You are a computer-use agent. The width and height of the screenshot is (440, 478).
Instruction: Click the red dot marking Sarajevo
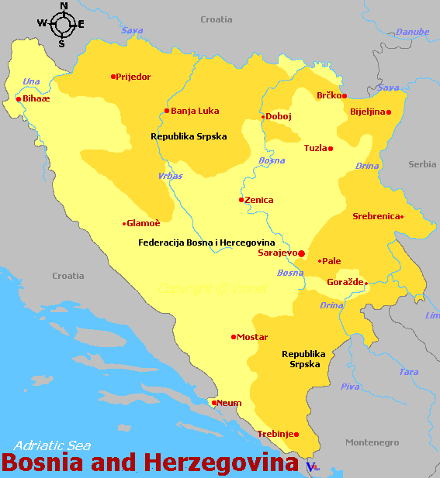tap(302, 253)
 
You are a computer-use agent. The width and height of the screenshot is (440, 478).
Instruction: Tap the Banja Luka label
tap(195, 111)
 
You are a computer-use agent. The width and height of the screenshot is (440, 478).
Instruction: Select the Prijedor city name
tap(133, 77)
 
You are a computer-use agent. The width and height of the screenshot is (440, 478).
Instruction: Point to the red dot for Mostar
tap(234, 337)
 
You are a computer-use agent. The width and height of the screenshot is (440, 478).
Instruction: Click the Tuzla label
tap(315, 148)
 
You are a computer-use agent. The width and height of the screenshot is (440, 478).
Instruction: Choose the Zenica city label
tap(259, 200)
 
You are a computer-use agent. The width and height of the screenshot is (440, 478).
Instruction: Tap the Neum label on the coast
tap(229, 403)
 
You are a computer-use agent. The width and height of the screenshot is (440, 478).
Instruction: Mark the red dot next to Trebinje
tap(296, 435)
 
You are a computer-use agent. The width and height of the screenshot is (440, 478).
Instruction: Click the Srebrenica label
tap(376, 217)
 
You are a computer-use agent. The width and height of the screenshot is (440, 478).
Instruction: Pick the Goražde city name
tap(345, 283)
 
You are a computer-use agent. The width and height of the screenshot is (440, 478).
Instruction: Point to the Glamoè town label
tap(144, 223)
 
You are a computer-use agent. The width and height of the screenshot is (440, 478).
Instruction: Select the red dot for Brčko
tap(345, 96)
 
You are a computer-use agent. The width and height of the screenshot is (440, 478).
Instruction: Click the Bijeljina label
tap(367, 112)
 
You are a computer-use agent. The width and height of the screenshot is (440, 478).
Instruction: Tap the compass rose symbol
tap(62, 24)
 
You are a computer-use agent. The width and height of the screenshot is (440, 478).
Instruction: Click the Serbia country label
tap(423, 164)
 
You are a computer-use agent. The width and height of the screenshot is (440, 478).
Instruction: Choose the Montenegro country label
tap(372, 442)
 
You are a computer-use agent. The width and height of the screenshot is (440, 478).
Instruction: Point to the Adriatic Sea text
tap(52, 446)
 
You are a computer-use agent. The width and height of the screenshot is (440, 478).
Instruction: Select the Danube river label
tap(412, 32)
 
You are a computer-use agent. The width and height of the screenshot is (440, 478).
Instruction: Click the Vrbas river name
tap(170, 176)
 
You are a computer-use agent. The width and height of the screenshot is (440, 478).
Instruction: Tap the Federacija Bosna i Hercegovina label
tap(206, 242)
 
